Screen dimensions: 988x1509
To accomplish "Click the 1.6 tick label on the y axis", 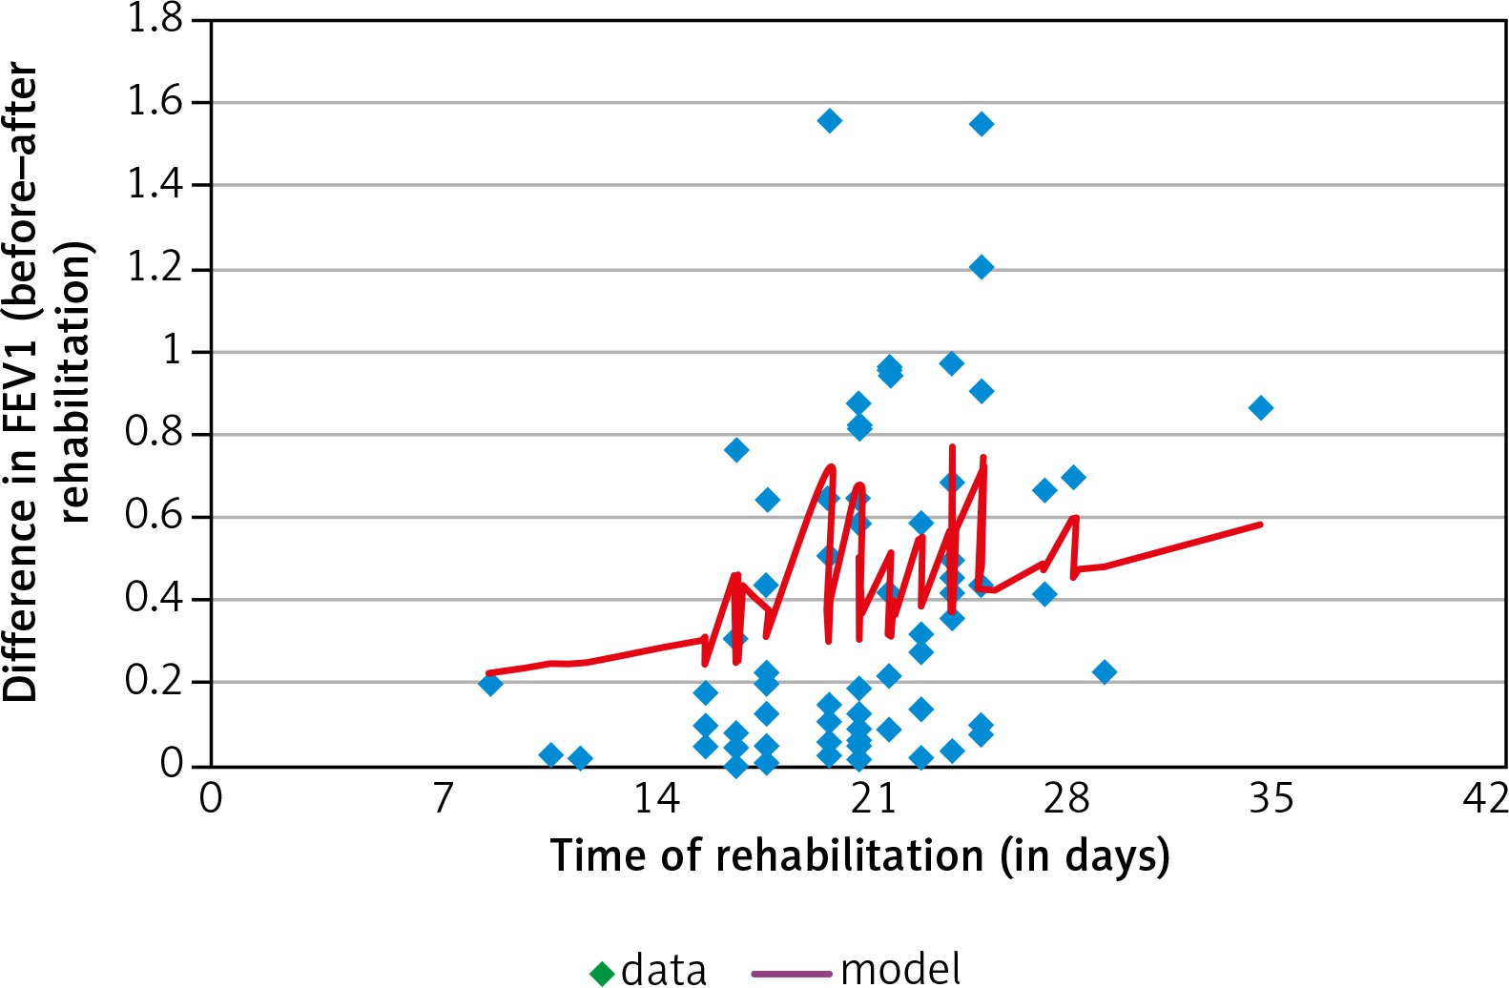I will [x=155, y=100].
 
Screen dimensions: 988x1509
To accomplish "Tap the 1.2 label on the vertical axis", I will [x=155, y=267].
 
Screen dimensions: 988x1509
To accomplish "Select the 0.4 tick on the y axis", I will [x=155, y=598].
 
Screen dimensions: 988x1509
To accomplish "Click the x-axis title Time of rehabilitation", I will [x=859, y=855].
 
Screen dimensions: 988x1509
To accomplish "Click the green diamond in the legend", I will [x=602, y=973].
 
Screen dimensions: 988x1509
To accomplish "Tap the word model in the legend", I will [x=900, y=970].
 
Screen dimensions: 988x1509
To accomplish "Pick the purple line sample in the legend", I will [x=791, y=974].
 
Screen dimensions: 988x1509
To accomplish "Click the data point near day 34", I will [x=1260, y=408].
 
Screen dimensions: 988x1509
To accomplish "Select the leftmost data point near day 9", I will [x=490, y=684].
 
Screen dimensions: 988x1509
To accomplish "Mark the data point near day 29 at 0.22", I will [x=1104, y=672].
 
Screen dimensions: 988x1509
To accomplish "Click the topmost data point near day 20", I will [x=829, y=120].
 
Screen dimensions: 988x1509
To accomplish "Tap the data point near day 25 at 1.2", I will [x=981, y=267].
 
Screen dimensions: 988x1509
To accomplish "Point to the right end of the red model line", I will [x=1260, y=525].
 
